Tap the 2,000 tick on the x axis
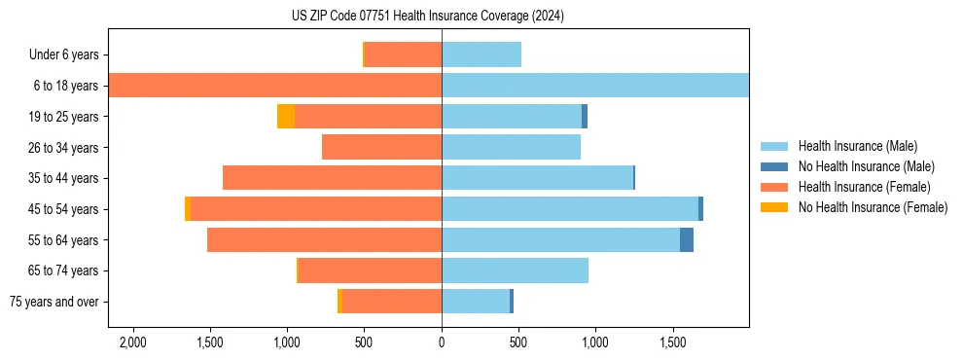(132, 342)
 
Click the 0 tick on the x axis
(442, 342)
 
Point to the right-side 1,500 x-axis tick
(673, 342)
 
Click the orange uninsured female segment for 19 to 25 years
(286, 117)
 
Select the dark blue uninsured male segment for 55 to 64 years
(687, 239)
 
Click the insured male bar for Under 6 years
(481, 55)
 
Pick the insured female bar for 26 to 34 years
(381, 147)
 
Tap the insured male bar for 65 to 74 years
(515, 270)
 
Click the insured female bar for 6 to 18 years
(275, 86)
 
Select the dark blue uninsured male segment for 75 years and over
(512, 302)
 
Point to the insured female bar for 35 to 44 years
(332, 178)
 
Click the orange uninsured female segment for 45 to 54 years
(188, 209)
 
